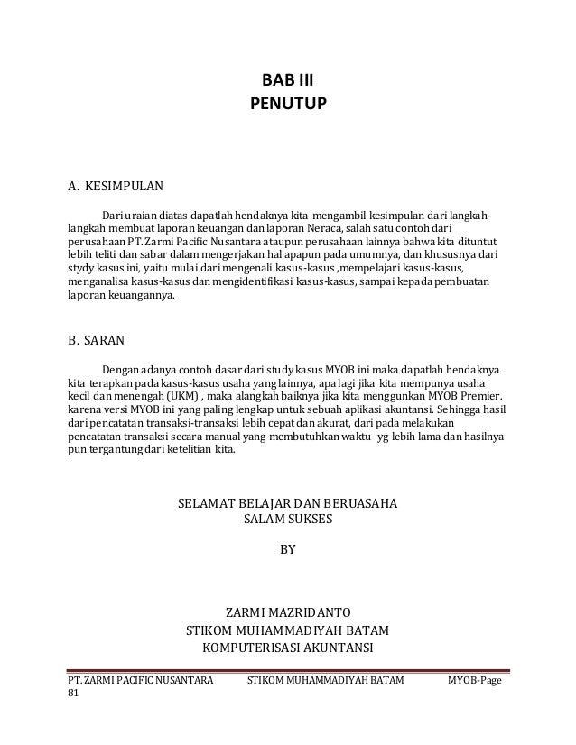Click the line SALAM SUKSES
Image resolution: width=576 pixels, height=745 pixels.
coord(288,520)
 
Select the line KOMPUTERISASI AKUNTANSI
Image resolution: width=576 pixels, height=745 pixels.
coord(288,648)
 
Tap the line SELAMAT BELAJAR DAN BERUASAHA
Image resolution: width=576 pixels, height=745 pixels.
coord(288,502)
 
